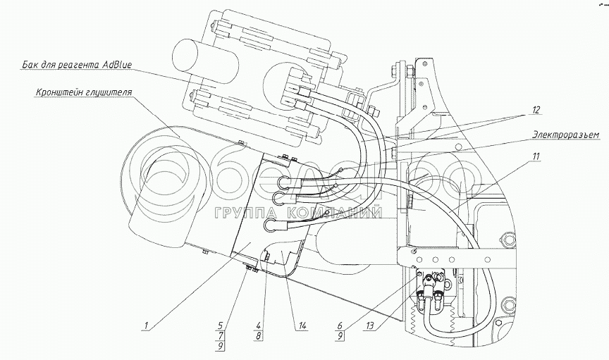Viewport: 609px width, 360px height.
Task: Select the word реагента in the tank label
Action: (x=80, y=66)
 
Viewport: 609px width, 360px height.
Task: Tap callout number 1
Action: (x=145, y=325)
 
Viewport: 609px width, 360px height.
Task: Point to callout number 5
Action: (x=221, y=326)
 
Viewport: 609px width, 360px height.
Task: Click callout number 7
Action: (x=221, y=337)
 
